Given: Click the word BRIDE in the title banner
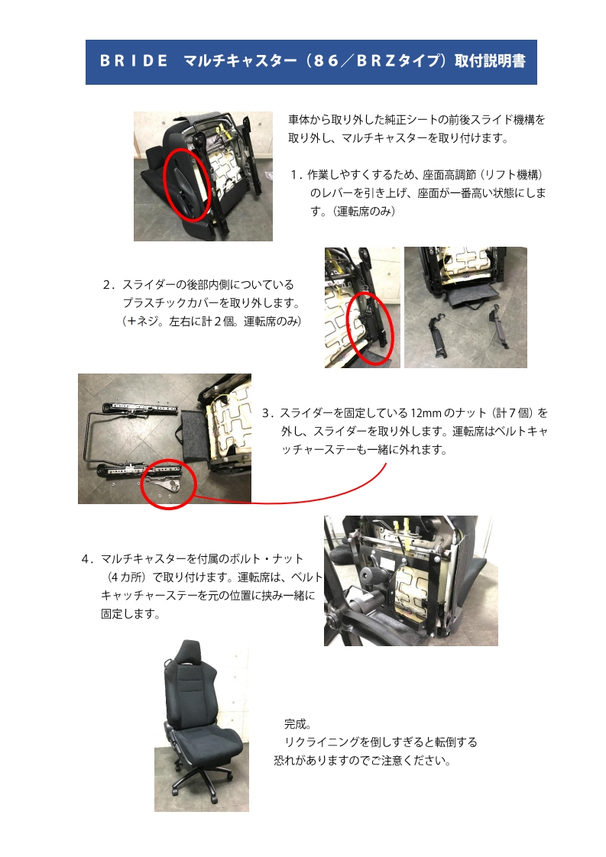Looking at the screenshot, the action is pyautogui.click(x=134, y=60).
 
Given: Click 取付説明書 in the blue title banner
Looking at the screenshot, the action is pyautogui.click(x=490, y=60).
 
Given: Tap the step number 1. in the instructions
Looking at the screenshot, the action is pyautogui.click(x=296, y=175).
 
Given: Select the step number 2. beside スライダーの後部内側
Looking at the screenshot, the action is pyautogui.click(x=109, y=285).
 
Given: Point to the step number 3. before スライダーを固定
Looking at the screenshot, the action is pyautogui.click(x=268, y=413).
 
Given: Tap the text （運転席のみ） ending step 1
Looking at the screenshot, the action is pyautogui.click(x=364, y=212).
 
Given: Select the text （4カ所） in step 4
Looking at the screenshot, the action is pyautogui.click(x=125, y=577).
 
